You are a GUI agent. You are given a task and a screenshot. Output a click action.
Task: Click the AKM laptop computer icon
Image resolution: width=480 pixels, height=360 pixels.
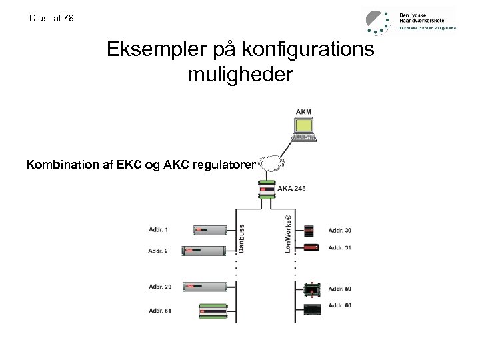pos(304,129)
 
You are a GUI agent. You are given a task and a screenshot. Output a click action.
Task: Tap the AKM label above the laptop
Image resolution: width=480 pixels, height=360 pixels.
pos(303,111)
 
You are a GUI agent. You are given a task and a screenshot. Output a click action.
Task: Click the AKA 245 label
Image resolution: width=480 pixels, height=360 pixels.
pos(291,189)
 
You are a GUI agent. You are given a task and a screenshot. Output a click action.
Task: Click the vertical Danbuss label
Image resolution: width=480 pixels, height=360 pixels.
pos(242,238)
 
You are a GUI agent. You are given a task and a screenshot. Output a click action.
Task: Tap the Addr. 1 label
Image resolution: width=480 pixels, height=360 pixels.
pos(159,230)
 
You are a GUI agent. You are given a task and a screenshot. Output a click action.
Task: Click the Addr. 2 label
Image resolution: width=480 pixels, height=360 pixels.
pos(159,251)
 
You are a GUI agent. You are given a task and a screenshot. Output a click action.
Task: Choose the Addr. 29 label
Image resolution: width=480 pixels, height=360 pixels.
pos(160,287)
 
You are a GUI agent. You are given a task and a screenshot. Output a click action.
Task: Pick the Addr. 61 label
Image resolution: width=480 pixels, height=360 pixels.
pos(160,311)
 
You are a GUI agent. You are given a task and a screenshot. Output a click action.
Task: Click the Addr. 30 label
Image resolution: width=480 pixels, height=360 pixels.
pos(340,231)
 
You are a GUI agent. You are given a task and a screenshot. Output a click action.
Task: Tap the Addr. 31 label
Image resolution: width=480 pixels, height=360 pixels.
pos(340,248)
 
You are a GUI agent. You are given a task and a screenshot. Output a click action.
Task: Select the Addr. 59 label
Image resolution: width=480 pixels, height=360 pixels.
pos(340,289)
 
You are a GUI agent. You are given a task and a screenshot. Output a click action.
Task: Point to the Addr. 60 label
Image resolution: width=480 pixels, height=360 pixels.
pos(340,305)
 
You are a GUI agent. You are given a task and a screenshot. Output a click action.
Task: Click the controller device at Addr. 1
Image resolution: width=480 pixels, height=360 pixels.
pos(211,230)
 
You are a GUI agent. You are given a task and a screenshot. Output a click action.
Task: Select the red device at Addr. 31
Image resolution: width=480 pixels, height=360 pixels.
pos(311,248)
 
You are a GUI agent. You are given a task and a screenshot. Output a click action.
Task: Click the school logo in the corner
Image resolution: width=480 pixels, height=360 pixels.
pos(378,21)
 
